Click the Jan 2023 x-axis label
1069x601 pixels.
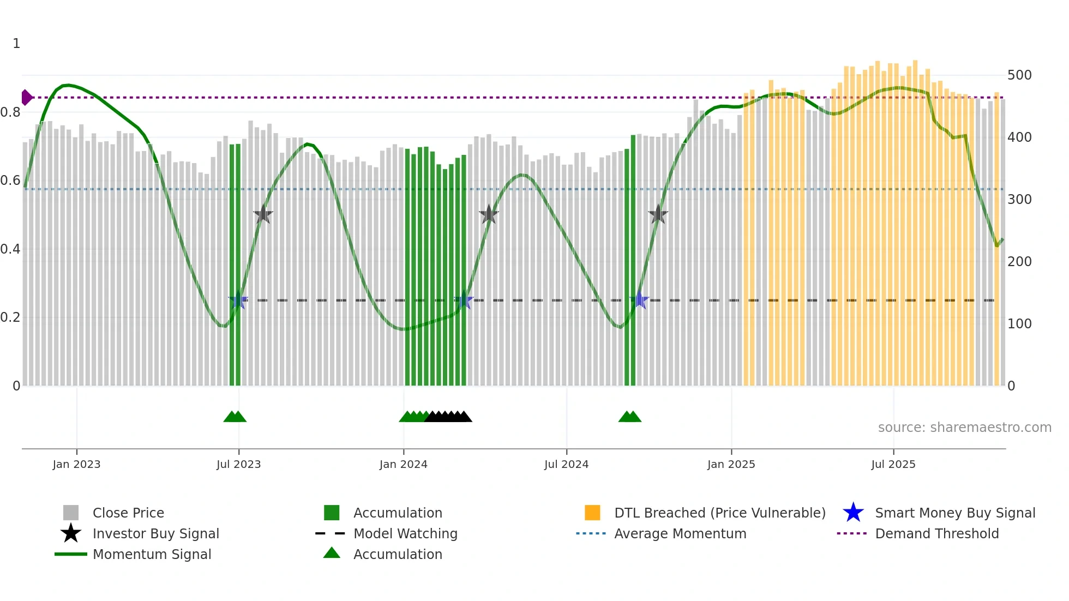pyautogui.click(x=76, y=464)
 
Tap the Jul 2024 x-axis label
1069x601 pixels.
pyautogui.click(x=566, y=464)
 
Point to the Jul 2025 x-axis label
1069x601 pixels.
pyautogui.click(x=893, y=464)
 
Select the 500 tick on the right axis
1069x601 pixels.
pyautogui.click(x=1019, y=75)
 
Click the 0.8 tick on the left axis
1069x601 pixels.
pyautogui.click(x=10, y=112)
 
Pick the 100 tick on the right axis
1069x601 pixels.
pyautogui.click(x=1019, y=324)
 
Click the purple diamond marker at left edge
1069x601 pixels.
pyautogui.click(x=26, y=98)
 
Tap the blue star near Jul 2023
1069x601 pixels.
pyautogui.click(x=238, y=300)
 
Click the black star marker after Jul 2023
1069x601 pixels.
pyautogui.click(x=263, y=215)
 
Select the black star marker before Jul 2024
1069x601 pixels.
pyautogui.click(x=489, y=215)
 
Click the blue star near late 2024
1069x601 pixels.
pyautogui.click(x=639, y=300)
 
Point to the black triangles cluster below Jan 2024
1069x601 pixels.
pyautogui.click(x=448, y=417)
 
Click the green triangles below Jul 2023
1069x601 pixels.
pyautogui.click(x=235, y=417)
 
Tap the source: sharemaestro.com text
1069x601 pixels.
pyautogui.click(x=964, y=428)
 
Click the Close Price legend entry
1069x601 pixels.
pyautogui.click(x=128, y=513)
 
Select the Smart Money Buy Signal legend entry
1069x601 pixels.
pyautogui.click(x=954, y=513)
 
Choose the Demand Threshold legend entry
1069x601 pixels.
pyautogui.click(x=936, y=533)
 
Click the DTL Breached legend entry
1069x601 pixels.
pyautogui.click(x=719, y=513)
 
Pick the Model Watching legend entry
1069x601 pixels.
pyautogui.click(x=405, y=533)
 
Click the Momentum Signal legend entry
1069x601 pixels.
pyautogui.click(x=152, y=554)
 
